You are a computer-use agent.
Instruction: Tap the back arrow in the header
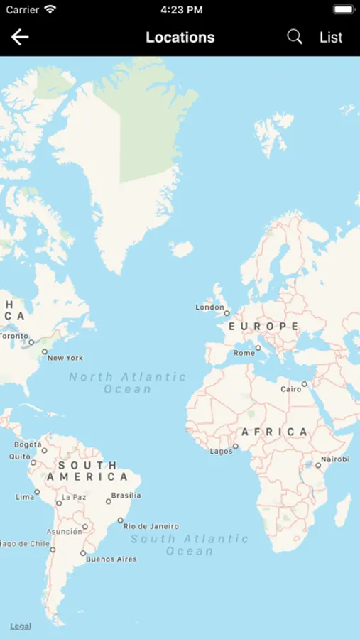[x=20, y=37]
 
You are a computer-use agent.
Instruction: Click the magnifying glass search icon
[x=295, y=37]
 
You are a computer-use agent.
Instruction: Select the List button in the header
[x=331, y=37]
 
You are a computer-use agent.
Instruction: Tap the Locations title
[x=180, y=37]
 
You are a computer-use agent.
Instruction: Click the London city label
[x=209, y=307]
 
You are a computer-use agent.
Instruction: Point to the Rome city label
[x=244, y=353]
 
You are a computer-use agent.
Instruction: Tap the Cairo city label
[x=291, y=389]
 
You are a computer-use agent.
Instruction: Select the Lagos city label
[x=221, y=451]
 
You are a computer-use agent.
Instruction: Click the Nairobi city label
[x=335, y=459]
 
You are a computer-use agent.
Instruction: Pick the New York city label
[x=65, y=358]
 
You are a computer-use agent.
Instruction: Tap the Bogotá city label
[x=28, y=445]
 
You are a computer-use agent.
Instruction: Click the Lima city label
[x=25, y=497]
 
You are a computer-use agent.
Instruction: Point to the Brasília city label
[x=126, y=496]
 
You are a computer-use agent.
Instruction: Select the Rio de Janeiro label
[x=151, y=526]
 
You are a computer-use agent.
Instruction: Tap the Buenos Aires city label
[x=111, y=559]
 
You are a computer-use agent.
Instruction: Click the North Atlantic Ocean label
[x=128, y=383]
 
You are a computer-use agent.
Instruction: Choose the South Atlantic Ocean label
[x=190, y=545]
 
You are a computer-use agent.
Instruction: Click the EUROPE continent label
[x=263, y=327]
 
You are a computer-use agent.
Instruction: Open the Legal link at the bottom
[x=21, y=626]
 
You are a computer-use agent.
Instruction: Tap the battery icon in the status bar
[x=343, y=10]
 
